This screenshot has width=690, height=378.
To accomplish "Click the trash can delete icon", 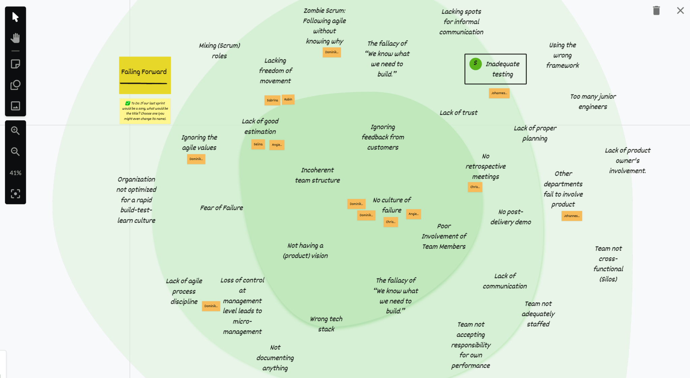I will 656,11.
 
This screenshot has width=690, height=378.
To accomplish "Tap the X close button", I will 680,11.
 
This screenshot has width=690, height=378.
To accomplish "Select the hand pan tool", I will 15,38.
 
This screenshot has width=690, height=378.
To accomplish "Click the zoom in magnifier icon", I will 15,130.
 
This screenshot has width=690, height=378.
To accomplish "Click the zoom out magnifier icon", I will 15,152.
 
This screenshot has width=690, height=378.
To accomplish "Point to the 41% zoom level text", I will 15,173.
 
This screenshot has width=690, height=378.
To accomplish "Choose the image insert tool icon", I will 15,106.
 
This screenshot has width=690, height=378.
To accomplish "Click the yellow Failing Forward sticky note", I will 145,75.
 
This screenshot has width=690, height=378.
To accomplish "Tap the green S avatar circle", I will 475,64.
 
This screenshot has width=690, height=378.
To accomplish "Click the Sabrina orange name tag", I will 272,100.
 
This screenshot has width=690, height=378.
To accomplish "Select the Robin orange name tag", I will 288,100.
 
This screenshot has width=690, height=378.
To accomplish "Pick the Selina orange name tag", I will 258,144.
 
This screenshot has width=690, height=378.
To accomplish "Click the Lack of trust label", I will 458,113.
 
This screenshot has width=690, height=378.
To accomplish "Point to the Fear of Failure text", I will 221,208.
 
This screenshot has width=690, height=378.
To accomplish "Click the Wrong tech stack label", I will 326,324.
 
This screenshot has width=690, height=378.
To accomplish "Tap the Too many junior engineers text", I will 593,102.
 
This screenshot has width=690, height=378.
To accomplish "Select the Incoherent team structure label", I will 317,175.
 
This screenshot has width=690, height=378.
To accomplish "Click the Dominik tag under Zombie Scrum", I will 332,52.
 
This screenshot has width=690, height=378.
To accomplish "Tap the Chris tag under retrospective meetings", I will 475,187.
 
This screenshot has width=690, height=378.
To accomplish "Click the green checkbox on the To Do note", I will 128,103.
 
